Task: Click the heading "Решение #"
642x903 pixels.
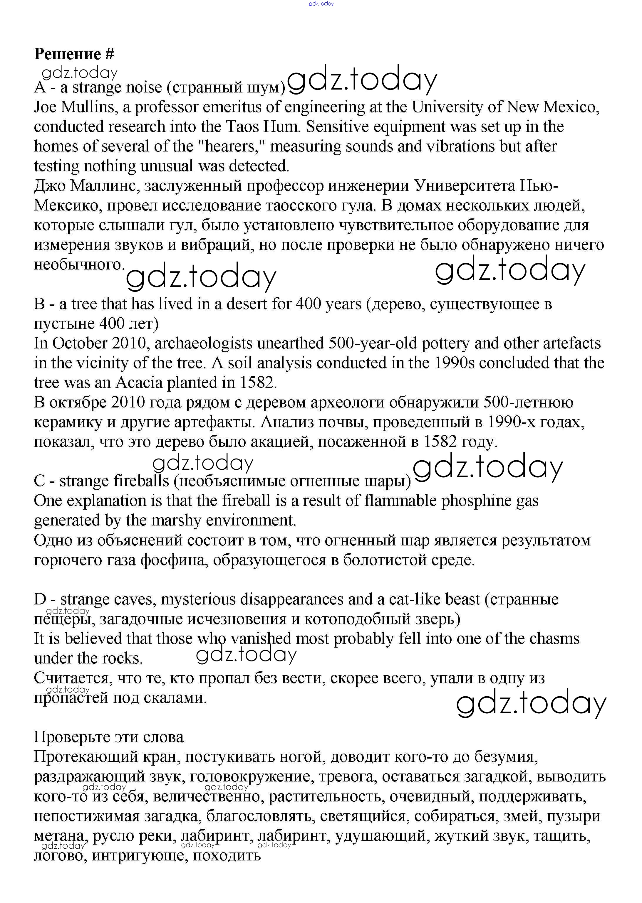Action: pyautogui.click(x=74, y=54)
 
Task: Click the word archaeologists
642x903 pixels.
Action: pyautogui.click(x=203, y=343)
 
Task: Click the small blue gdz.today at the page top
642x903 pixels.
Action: pyautogui.click(x=321, y=4)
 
